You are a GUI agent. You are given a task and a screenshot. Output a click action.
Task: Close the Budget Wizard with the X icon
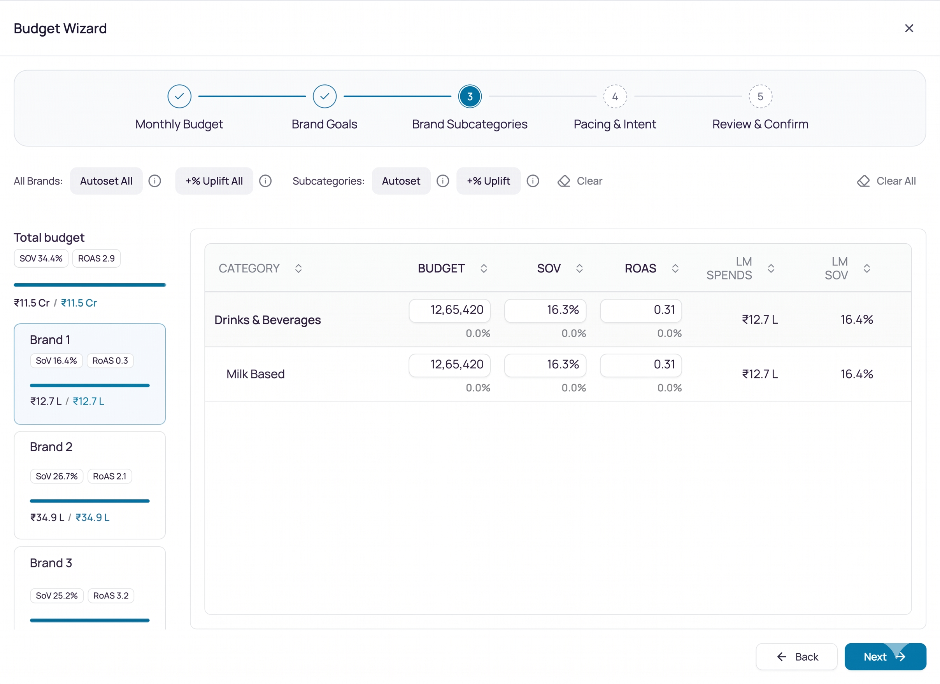[x=908, y=28]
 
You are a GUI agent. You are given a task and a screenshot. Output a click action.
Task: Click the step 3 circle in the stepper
[x=470, y=96]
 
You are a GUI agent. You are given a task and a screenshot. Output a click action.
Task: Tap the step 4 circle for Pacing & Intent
[x=615, y=96]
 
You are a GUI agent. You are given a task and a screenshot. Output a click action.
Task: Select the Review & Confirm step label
[x=760, y=124]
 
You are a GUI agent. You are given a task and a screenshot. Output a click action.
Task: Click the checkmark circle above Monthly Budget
[x=179, y=96]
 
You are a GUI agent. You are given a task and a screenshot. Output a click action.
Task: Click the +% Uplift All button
[x=214, y=181]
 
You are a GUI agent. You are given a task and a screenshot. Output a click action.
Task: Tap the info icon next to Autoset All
[x=154, y=181]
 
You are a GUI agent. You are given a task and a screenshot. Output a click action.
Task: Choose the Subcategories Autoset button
[x=401, y=181]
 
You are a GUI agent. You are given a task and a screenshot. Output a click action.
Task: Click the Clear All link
[x=886, y=181]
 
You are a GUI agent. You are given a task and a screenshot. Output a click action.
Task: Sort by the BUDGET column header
[x=441, y=268]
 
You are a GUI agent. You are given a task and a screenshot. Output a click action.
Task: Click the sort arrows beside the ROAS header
[x=675, y=268]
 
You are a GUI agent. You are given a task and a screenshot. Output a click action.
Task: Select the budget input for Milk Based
[x=449, y=365]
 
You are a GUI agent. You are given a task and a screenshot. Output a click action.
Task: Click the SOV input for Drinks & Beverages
[x=545, y=310]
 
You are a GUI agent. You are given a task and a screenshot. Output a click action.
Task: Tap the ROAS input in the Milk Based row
[x=641, y=365]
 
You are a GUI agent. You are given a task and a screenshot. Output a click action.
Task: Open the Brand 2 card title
[x=51, y=447]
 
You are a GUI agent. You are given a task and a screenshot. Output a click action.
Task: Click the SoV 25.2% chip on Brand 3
[x=57, y=595]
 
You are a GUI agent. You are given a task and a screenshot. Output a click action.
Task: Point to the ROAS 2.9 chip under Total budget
[x=96, y=258]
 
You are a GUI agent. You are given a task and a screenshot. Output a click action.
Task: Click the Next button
[x=885, y=657]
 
